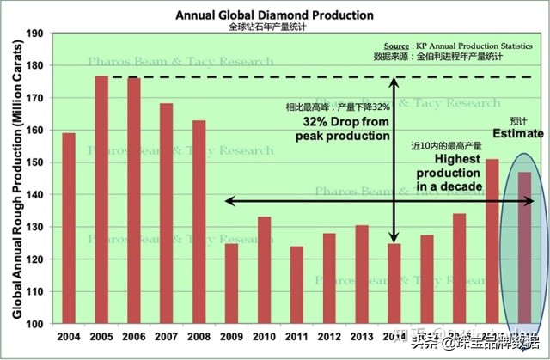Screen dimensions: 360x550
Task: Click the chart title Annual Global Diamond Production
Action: tap(274, 15)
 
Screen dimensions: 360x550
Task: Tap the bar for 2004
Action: tap(69, 229)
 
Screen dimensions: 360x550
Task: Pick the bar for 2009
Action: tap(231, 284)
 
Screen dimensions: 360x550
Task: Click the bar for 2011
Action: tap(296, 285)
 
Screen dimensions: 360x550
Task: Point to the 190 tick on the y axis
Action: tap(36, 34)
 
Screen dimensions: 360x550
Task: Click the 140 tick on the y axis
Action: tap(36, 195)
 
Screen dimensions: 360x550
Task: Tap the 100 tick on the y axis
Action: tap(36, 324)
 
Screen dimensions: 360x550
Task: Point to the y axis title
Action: tap(16, 179)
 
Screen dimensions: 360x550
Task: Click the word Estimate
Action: tap(517, 133)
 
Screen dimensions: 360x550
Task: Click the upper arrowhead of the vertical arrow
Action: tap(394, 82)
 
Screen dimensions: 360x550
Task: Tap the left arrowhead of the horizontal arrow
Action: tap(229, 201)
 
